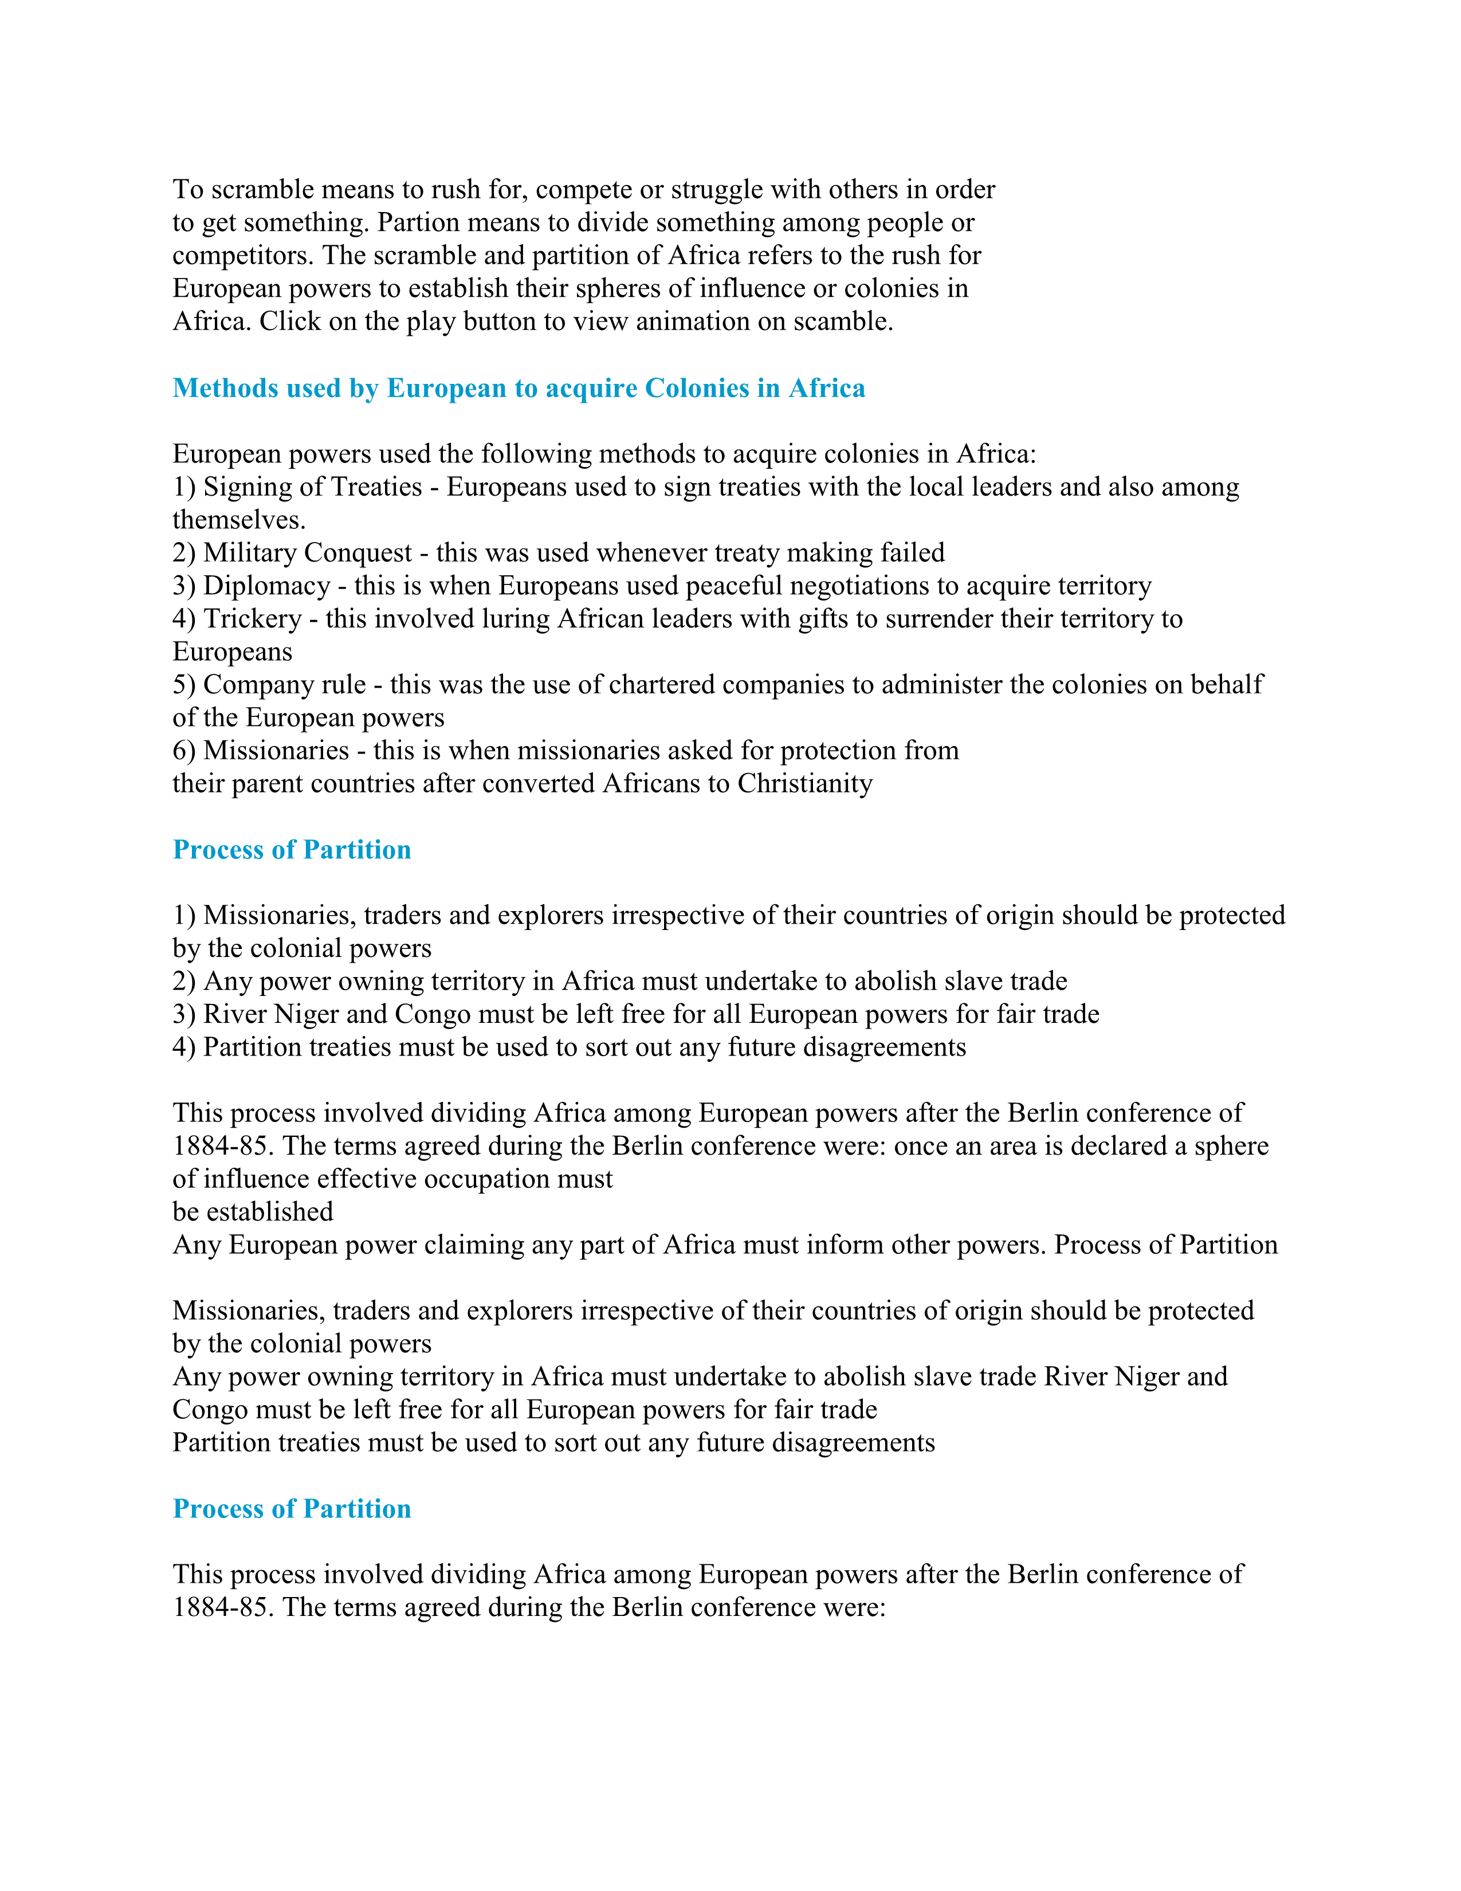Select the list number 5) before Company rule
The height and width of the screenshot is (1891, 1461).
pyautogui.click(x=184, y=684)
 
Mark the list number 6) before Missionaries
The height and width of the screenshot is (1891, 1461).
pyautogui.click(x=184, y=750)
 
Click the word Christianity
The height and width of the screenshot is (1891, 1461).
pyautogui.click(x=805, y=783)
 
